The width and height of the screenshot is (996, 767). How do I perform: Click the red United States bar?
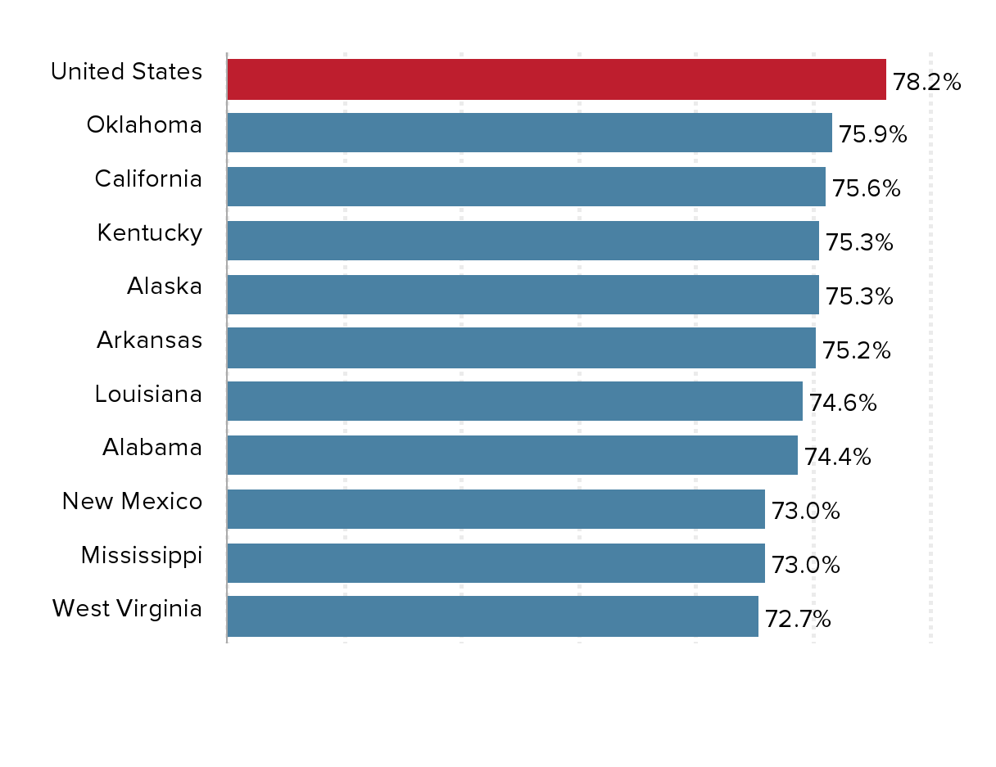pyautogui.click(x=556, y=79)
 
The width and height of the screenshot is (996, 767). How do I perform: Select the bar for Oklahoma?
pyautogui.click(x=529, y=133)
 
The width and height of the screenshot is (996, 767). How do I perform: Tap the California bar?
pyautogui.click(x=526, y=187)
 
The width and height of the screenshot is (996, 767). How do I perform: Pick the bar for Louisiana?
pyautogui.click(x=514, y=401)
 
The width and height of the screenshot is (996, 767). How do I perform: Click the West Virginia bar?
pyautogui.click(x=492, y=616)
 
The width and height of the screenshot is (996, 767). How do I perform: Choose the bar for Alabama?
pyautogui.click(x=512, y=455)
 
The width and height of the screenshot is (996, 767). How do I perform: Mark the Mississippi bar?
pyautogui.click(x=496, y=563)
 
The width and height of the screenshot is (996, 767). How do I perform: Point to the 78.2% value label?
pyautogui.click(x=926, y=82)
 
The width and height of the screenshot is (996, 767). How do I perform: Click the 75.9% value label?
pyautogui.click(x=872, y=135)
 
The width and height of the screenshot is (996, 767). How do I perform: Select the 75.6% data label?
pyautogui.click(x=866, y=189)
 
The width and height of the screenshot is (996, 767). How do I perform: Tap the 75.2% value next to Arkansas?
pyautogui.click(x=856, y=350)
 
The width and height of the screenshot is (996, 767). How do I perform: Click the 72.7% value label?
pyautogui.click(x=798, y=620)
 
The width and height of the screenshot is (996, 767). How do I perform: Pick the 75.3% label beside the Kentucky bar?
pyautogui.click(x=859, y=243)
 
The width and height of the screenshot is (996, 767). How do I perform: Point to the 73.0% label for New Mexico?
pyautogui.click(x=805, y=512)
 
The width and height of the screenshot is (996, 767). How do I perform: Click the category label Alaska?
pyautogui.click(x=164, y=286)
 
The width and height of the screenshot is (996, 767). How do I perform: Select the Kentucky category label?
pyautogui.click(x=149, y=233)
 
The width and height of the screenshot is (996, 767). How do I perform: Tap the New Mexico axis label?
pyautogui.click(x=132, y=501)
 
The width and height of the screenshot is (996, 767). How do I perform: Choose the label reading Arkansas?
pyautogui.click(x=149, y=340)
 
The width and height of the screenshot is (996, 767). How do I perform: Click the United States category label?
pyautogui.click(x=126, y=72)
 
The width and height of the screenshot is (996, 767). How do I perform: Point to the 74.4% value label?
pyautogui.click(x=837, y=457)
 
